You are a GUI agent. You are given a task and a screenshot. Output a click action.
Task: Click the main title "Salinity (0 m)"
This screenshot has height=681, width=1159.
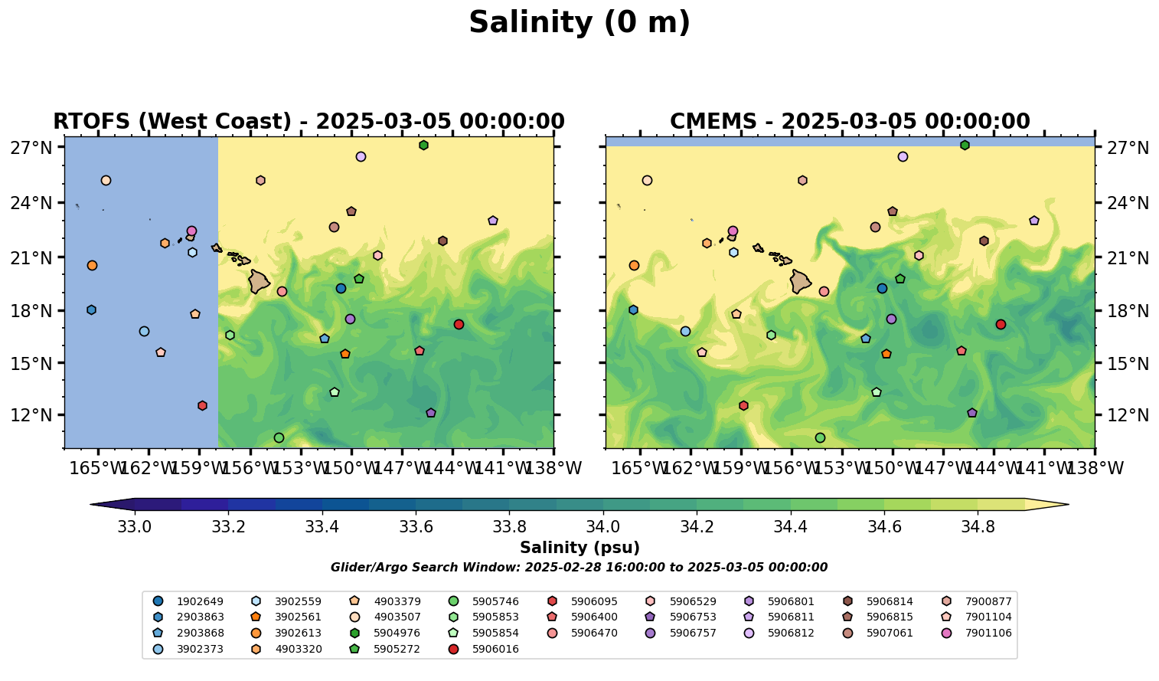coord(579,23)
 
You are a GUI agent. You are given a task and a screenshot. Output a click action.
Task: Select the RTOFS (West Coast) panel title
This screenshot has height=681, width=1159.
coord(309,122)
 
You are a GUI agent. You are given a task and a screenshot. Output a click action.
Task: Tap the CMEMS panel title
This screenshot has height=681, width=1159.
coord(850,122)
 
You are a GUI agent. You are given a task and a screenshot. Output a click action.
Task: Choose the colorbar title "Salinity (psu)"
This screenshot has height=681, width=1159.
coord(579,548)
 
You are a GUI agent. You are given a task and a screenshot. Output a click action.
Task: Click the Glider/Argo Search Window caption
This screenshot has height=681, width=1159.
coord(579,568)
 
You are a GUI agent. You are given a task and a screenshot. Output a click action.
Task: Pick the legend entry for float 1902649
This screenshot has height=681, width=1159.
coord(191,601)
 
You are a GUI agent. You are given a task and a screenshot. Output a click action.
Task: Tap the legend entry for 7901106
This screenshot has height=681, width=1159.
coord(977,633)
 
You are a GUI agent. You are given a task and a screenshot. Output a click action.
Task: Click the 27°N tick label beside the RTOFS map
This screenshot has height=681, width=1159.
coord(31,147)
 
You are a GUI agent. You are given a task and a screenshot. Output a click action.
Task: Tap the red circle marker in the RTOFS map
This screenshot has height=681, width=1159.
coord(459,324)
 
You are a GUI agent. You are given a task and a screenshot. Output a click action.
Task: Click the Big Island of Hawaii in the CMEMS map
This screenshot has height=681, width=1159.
coord(800,281)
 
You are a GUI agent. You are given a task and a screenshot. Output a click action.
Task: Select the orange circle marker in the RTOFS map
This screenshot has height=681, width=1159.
coord(92,265)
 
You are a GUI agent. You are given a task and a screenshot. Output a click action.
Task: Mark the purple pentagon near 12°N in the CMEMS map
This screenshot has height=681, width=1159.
coord(972,413)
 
